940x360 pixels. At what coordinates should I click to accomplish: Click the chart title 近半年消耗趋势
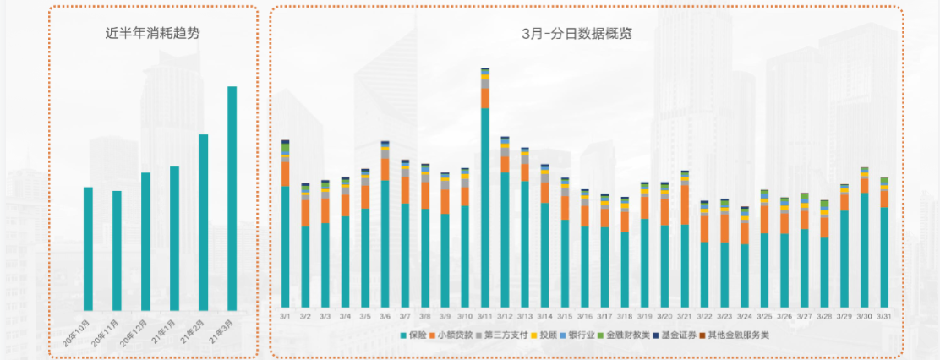point(153,34)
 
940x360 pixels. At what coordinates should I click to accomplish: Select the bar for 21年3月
point(232,199)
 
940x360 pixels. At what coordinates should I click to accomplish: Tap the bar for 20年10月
point(88,248)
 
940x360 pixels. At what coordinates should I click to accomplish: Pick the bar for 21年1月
point(174,238)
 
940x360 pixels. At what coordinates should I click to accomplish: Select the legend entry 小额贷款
point(453,336)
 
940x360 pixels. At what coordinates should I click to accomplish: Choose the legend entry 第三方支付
point(502,336)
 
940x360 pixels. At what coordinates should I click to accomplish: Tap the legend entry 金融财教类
point(626,336)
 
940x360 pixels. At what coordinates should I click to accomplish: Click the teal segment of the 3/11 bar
point(485,207)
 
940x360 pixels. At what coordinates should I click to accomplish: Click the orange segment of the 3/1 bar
point(286,173)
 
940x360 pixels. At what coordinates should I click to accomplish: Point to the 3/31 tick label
point(884,316)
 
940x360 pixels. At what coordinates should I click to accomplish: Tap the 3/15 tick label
point(565,316)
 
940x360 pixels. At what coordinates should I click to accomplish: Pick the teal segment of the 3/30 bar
point(864,249)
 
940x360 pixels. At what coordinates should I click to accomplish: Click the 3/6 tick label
point(385,316)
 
